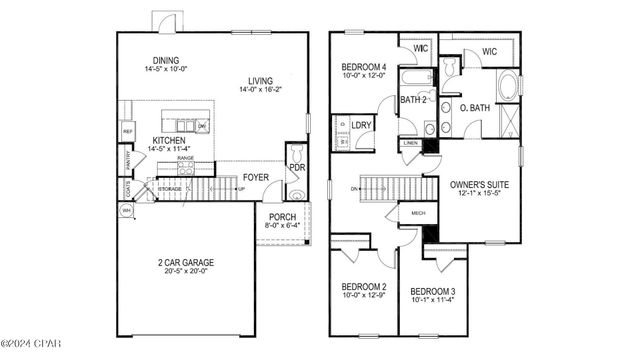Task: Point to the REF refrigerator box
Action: [128, 131]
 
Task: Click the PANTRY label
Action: [128, 159]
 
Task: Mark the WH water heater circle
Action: [127, 211]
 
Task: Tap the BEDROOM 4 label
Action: [363, 65]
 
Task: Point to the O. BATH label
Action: [473, 108]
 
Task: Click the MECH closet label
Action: [418, 213]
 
